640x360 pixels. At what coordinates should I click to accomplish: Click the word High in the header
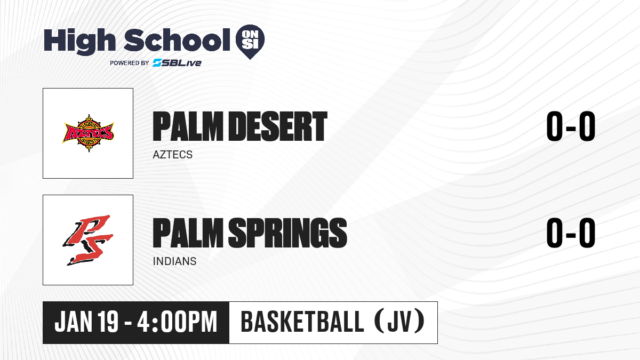coord(79,41)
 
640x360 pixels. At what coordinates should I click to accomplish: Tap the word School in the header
coord(177,40)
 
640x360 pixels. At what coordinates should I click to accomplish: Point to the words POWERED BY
coord(130,63)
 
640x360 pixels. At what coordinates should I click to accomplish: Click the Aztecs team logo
coord(88,133)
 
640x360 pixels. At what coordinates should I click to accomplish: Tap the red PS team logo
coord(88,240)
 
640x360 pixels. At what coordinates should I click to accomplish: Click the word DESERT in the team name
coord(278,126)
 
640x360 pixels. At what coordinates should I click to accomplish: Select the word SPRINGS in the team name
coord(287,233)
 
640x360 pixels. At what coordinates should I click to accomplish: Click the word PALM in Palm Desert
coord(188,126)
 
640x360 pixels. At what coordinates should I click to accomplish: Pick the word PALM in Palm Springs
coord(188,233)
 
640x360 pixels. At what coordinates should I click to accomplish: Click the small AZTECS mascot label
coord(173,155)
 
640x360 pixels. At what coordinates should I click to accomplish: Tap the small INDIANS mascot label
coord(174,261)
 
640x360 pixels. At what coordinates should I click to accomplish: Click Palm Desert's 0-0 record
coord(571,126)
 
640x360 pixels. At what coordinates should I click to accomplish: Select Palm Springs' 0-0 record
coord(571,233)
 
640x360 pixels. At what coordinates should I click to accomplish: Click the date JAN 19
coord(86,322)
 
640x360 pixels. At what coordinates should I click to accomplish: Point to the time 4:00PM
coord(177,322)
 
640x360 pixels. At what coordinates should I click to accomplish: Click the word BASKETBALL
coord(302,322)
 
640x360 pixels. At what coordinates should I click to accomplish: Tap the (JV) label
coord(399,322)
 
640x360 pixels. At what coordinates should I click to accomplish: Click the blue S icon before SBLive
coord(157,63)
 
